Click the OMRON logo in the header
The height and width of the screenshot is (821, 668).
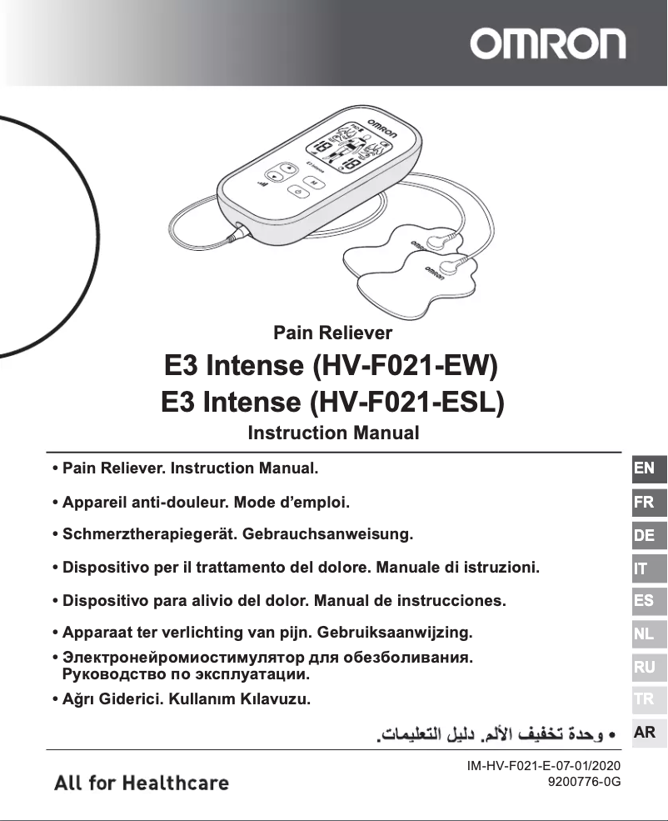point(547,43)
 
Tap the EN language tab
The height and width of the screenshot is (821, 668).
point(644,468)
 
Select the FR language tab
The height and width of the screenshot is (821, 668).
point(644,503)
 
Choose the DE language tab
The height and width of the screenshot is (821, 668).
point(644,535)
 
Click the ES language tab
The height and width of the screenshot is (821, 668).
point(644,601)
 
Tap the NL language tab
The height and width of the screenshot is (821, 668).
point(644,634)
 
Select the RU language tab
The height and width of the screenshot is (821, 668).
point(644,667)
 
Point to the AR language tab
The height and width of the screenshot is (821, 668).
point(644,733)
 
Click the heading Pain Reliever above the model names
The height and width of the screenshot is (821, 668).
point(333,333)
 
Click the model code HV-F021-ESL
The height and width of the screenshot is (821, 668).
point(407,402)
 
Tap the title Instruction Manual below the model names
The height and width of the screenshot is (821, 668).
point(333,433)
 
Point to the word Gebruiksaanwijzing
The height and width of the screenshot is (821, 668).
point(380,631)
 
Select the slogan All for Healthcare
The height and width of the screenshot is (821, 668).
point(142,783)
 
